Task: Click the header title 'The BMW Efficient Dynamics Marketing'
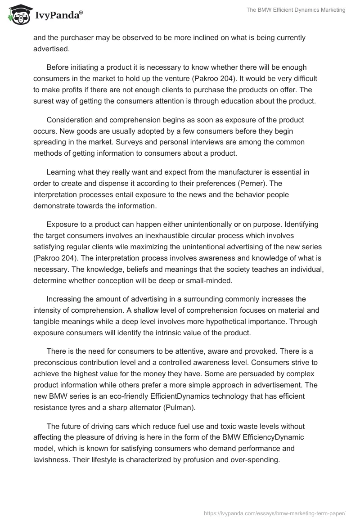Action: click(x=296, y=10)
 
